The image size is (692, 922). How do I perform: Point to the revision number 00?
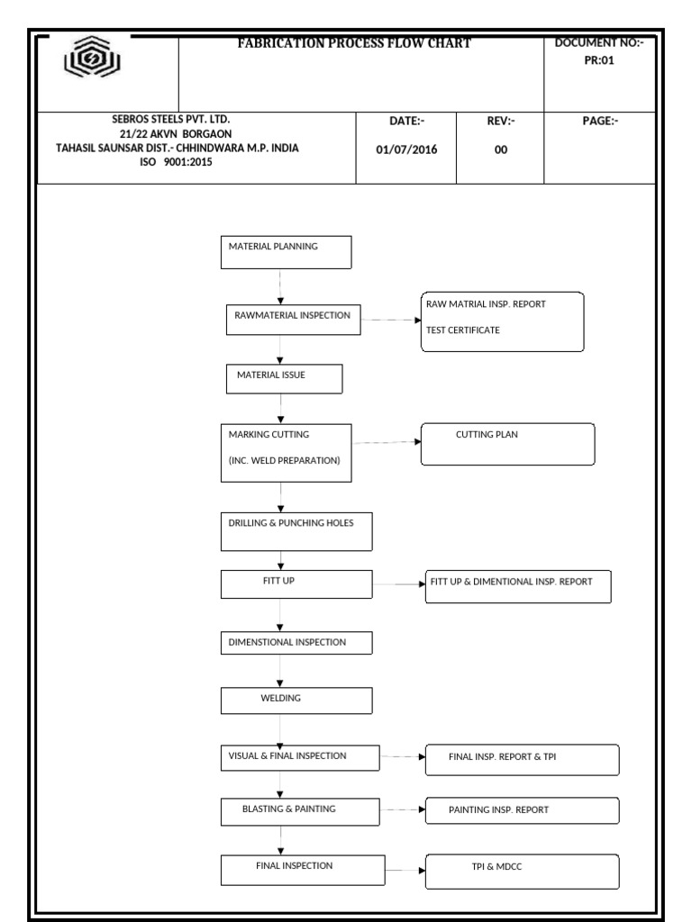pos(501,150)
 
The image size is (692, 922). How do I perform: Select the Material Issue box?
pos(284,379)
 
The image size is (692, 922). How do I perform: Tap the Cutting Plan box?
pos(508,444)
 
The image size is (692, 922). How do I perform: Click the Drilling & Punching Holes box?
pos(296,531)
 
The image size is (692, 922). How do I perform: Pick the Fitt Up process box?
pos(296,584)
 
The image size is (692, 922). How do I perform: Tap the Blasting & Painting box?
pos(296,811)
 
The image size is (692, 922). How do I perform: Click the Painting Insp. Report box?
pos(522,811)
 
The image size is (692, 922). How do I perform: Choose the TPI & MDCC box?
pos(522,872)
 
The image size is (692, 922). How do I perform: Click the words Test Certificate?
pos(463,330)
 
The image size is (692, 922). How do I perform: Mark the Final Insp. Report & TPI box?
pos(522,759)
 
